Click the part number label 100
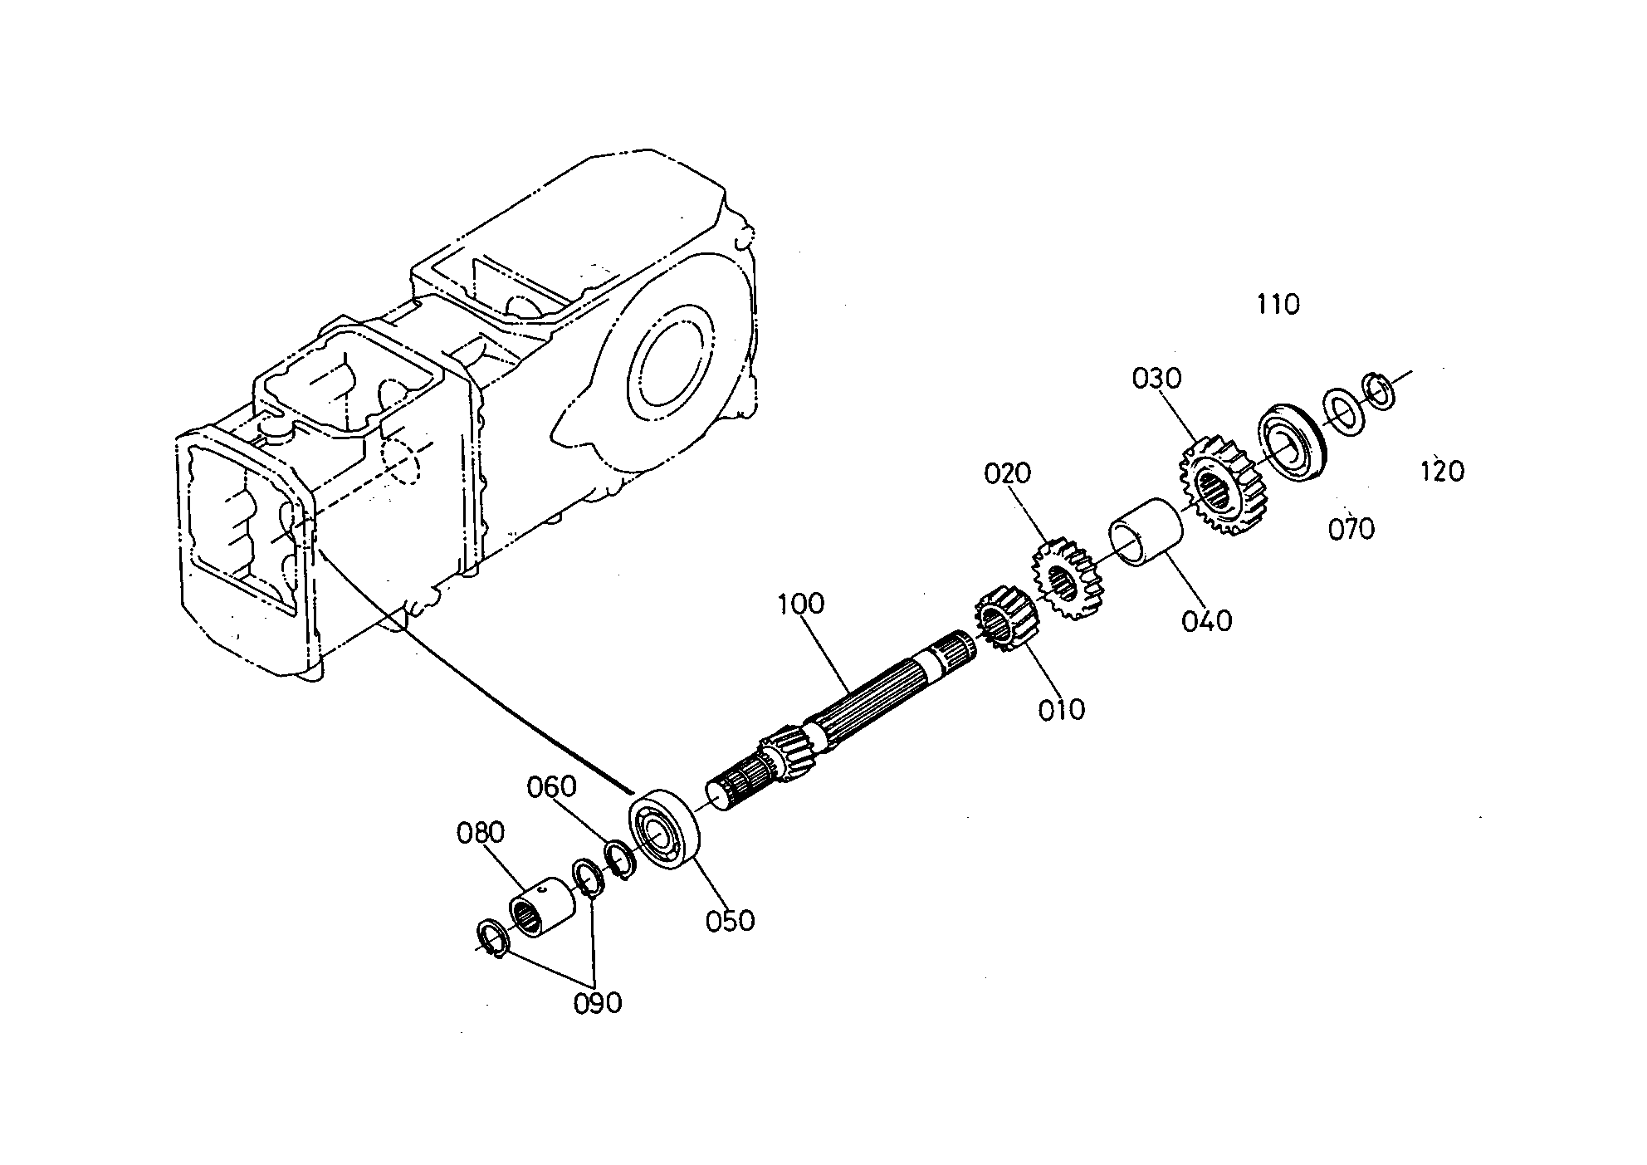click(x=801, y=604)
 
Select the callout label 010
click(x=1062, y=710)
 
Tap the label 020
click(x=1008, y=473)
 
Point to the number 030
click(x=1156, y=379)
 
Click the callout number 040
click(x=1208, y=620)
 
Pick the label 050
click(x=731, y=921)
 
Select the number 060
click(x=552, y=786)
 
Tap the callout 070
click(x=1351, y=529)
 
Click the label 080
click(x=481, y=832)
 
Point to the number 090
click(x=598, y=1003)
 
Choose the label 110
click(x=1278, y=305)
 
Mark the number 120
click(x=1442, y=472)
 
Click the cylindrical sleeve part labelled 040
click(x=1146, y=531)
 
